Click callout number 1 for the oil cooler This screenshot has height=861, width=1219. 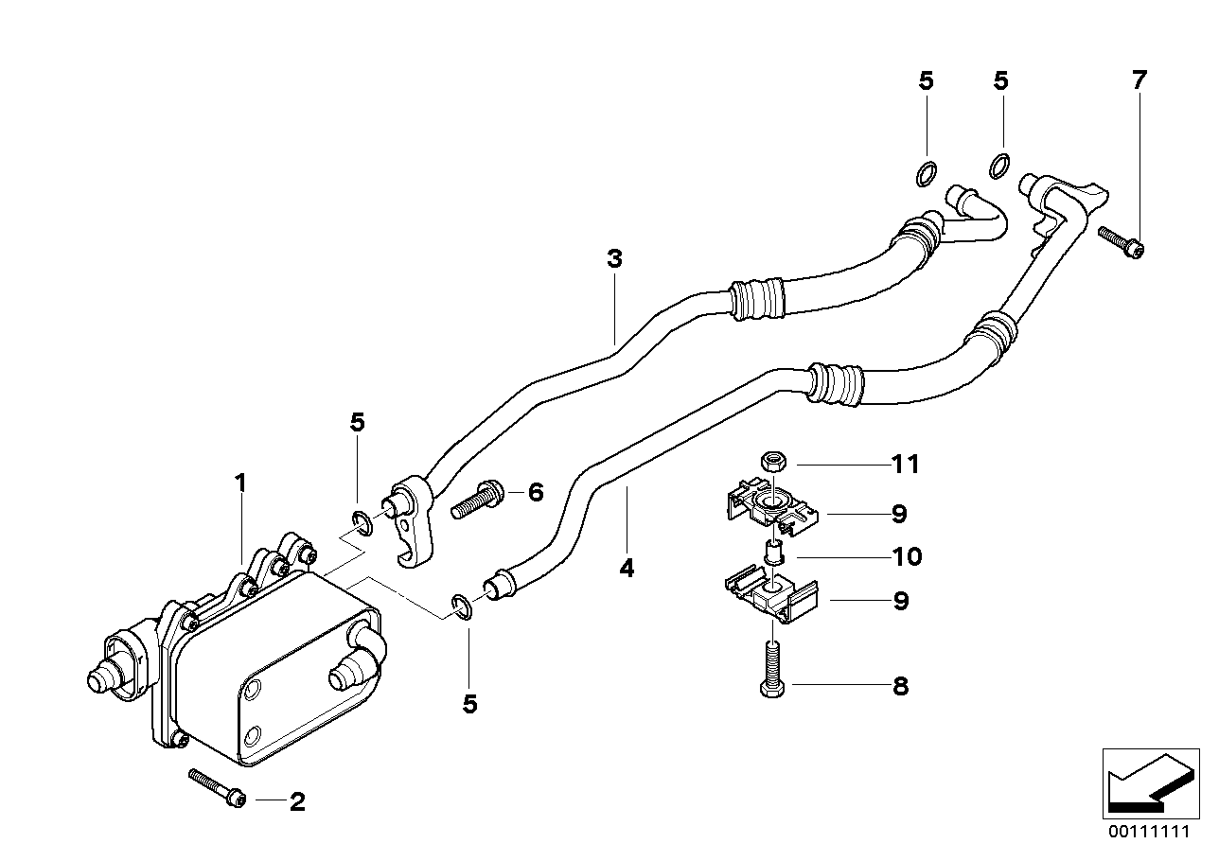(x=240, y=483)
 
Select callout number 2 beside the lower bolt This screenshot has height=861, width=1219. (x=297, y=803)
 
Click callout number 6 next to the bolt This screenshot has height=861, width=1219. (x=536, y=491)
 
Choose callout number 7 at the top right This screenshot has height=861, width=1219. (x=1139, y=80)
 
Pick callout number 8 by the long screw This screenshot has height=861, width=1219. (x=900, y=686)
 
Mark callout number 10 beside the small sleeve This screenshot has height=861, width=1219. (x=906, y=555)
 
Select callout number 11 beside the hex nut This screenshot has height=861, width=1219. (x=906, y=465)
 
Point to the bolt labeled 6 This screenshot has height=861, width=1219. (x=477, y=498)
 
